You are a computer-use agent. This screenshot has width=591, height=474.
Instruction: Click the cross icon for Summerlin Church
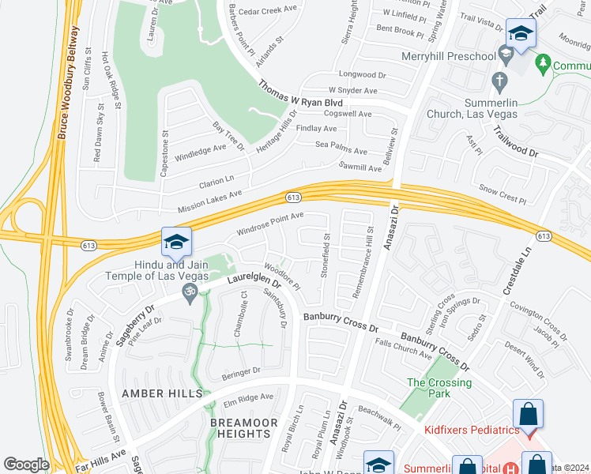click(499, 80)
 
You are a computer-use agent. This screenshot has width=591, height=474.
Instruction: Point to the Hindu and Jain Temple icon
click(189, 295)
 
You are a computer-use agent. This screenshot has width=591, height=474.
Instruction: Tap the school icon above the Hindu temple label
click(177, 242)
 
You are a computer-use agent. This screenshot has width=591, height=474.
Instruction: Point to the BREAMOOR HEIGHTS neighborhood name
click(244, 428)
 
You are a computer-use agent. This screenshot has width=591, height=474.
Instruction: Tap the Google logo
click(26, 465)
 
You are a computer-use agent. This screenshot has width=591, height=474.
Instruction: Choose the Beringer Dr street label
click(241, 371)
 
